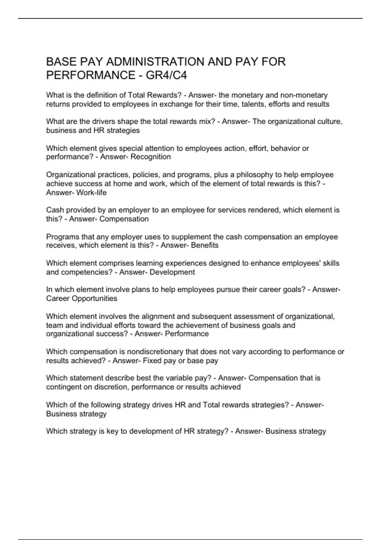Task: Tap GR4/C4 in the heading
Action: (166, 75)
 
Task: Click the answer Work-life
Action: (91, 192)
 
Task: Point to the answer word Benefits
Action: (204, 245)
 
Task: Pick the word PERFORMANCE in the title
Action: (90, 75)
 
